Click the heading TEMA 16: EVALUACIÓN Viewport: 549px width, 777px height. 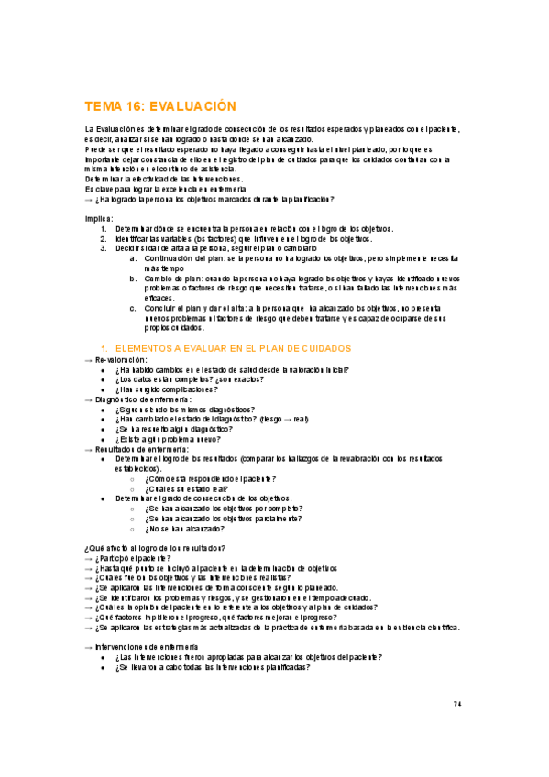pyautogui.click(x=160, y=106)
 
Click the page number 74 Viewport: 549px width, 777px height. pyautogui.click(x=457, y=703)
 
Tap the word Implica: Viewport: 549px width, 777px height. pyautogui.click(x=99, y=219)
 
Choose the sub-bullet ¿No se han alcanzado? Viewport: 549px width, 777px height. pyautogui.click(x=184, y=529)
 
